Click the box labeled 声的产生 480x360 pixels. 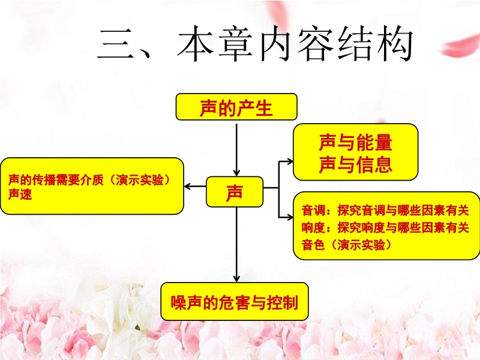[236, 107]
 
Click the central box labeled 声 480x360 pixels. [235, 191]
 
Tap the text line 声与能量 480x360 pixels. [355, 142]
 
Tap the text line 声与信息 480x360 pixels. [355, 164]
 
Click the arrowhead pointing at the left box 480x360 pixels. [188, 187]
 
